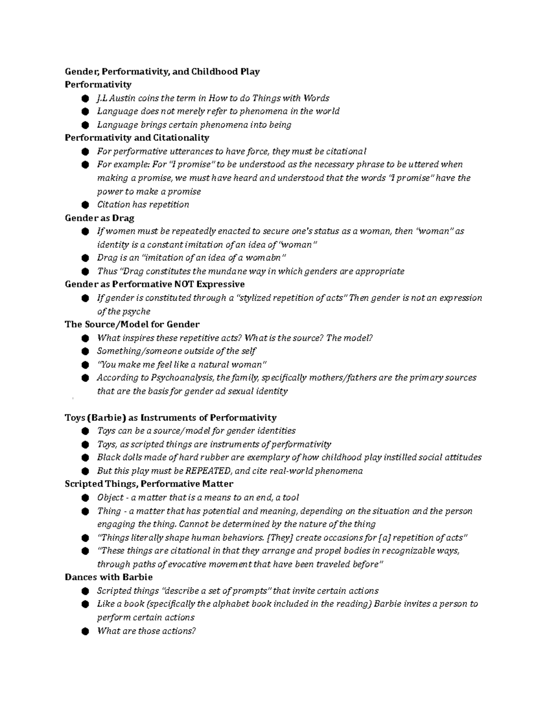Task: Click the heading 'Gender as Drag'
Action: [x=99, y=218]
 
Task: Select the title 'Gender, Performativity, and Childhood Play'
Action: [x=162, y=72]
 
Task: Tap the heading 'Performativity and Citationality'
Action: [x=137, y=138]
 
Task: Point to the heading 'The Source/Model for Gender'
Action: [x=132, y=325]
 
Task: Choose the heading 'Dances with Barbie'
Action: [x=109, y=578]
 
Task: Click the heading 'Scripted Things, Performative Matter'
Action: [x=149, y=484]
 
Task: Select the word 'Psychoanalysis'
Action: [x=182, y=378]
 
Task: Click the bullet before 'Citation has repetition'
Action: [x=84, y=205]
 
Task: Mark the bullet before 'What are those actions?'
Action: [x=84, y=631]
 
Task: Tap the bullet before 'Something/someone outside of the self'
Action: [x=84, y=351]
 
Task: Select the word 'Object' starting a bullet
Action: [x=110, y=498]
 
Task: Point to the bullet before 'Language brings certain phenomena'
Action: [x=84, y=125]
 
